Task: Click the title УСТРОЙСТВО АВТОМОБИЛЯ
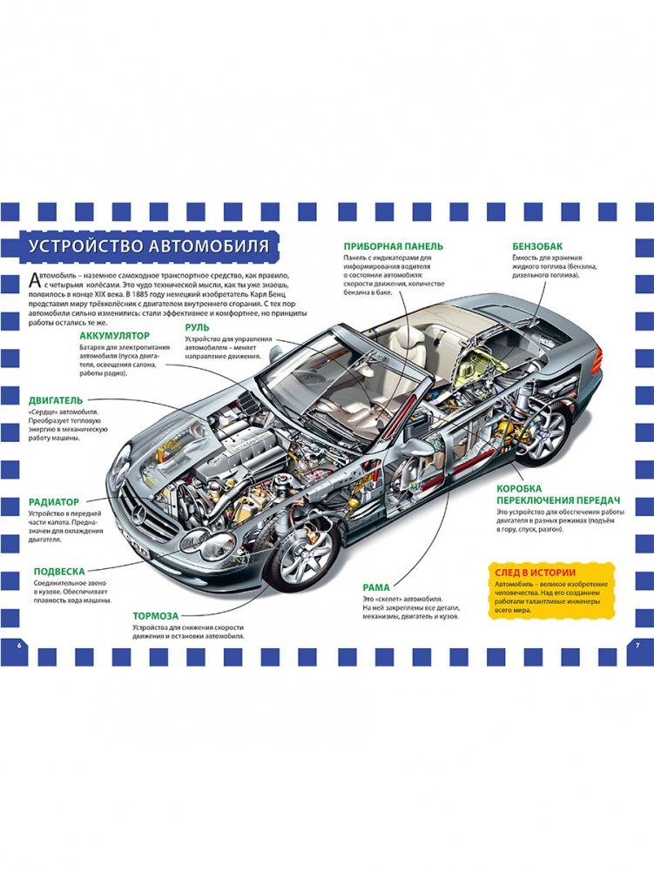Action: coord(148,245)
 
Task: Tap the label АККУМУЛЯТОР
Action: coord(116,335)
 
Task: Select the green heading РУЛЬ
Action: coord(198,327)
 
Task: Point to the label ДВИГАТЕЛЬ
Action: coord(56,400)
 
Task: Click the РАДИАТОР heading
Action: coord(54,502)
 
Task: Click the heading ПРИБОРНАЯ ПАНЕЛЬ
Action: coord(394,246)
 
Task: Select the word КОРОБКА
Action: coord(523,489)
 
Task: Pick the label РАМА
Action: coord(376,587)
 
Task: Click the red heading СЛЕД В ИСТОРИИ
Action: coord(534,572)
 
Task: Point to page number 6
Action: coord(19,645)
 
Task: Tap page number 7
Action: coord(637,645)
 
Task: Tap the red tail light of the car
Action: coord(596,358)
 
